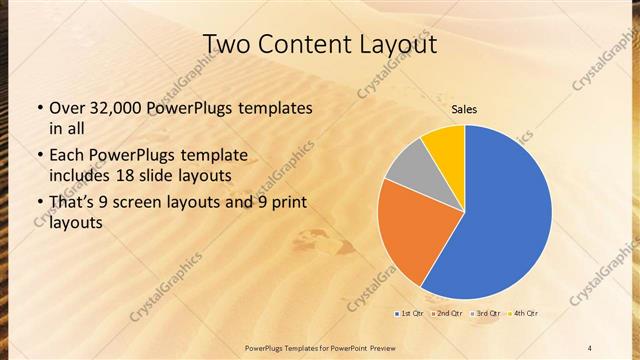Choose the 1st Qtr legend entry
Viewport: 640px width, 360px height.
(x=409, y=314)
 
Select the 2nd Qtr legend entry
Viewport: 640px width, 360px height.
(x=447, y=314)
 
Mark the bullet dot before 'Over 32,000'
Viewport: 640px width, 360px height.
(x=39, y=108)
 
